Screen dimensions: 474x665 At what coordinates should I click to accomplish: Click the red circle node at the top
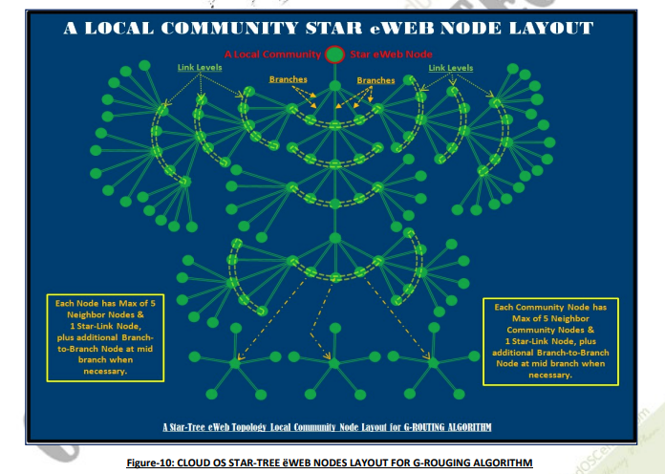point(334,54)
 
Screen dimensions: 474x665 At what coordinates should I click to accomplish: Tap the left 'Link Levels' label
point(200,69)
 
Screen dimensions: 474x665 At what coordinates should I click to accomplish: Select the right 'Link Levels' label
point(450,69)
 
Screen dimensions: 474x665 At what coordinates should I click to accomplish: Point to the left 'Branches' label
point(288,80)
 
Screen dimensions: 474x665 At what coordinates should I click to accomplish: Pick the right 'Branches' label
point(375,80)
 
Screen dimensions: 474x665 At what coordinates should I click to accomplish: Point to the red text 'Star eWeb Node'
point(394,54)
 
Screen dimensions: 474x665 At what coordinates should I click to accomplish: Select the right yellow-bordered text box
point(550,341)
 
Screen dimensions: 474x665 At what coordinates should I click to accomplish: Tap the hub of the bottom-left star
point(236,363)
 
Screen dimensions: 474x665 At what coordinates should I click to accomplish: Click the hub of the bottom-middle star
point(334,363)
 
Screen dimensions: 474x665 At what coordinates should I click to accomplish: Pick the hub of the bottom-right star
point(433,363)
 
